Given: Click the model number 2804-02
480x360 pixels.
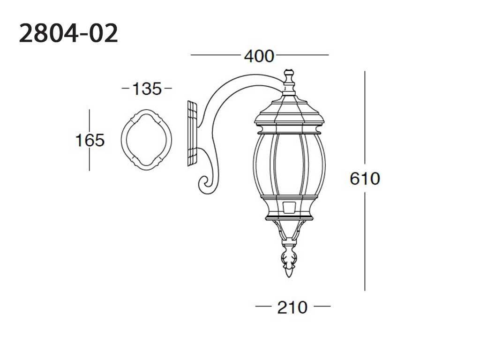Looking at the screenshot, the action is [x=68, y=33].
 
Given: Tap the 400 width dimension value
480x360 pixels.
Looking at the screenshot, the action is [x=259, y=56].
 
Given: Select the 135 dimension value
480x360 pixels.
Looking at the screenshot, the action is [x=147, y=89].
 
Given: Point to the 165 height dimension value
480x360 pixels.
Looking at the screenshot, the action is [x=90, y=140].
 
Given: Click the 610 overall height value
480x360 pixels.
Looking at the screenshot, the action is [x=365, y=179].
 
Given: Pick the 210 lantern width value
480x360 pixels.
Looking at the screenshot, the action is [x=292, y=307].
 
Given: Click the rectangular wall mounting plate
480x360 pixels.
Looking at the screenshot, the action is [x=192, y=134].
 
